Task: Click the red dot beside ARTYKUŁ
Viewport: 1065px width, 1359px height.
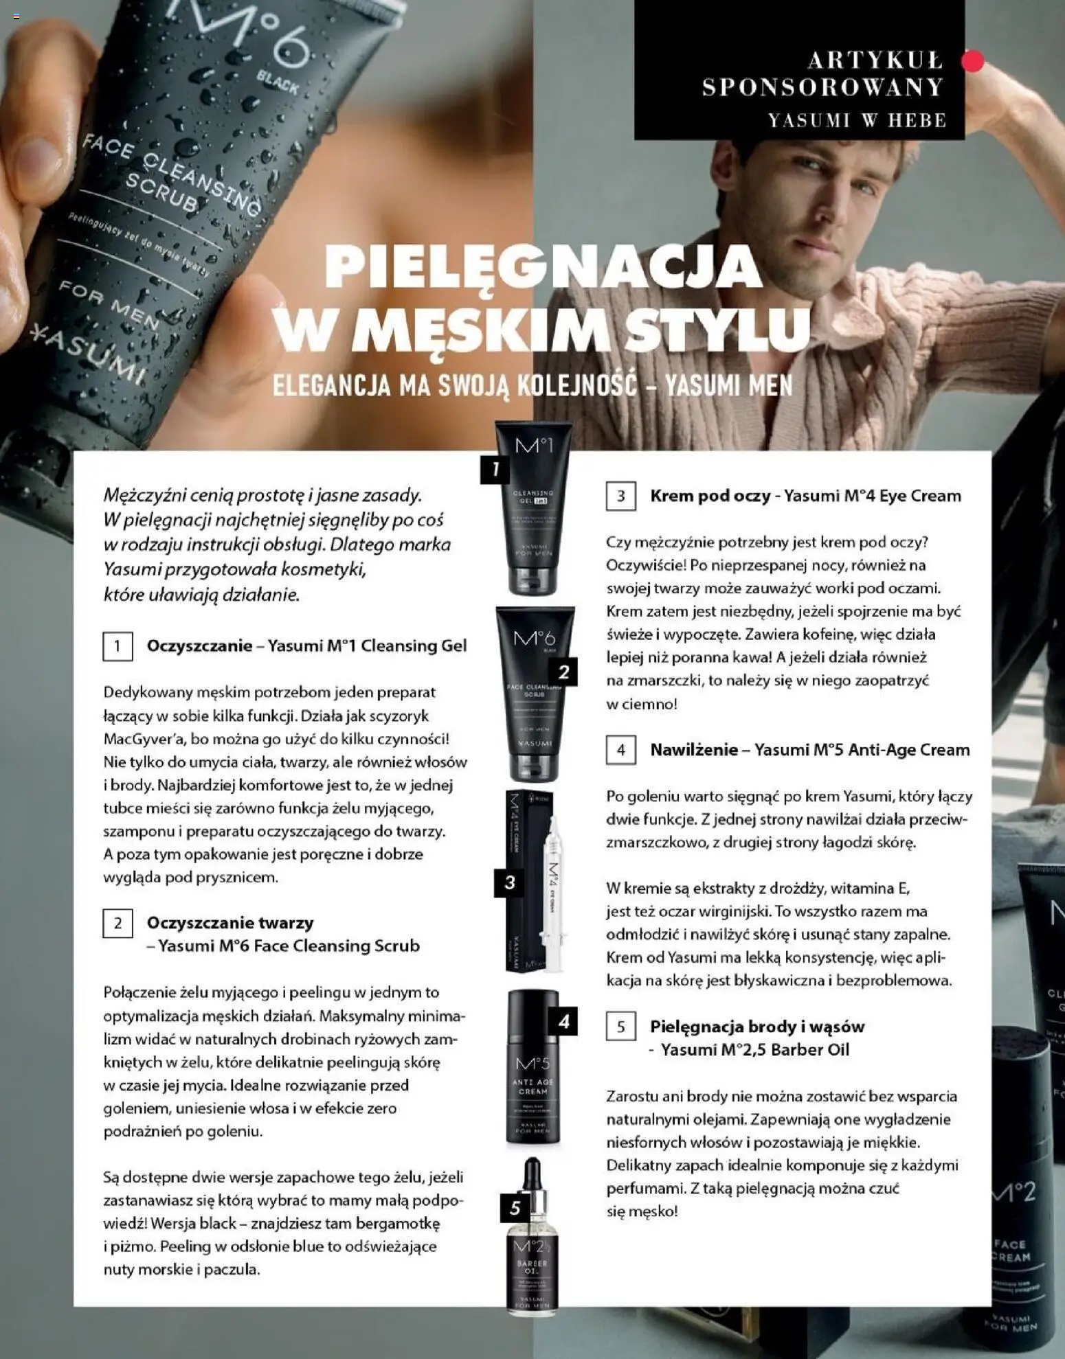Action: pos(972,61)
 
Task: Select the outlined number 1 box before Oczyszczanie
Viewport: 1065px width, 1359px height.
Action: pos(117,646)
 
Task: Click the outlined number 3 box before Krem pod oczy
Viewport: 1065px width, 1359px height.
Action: pos(620,496)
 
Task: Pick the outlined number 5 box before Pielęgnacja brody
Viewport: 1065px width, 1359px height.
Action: pos(620,1027)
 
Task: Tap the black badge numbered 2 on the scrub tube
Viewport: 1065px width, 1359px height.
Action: pos(563,672)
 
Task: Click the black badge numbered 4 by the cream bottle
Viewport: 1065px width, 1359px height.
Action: pos(563,1022)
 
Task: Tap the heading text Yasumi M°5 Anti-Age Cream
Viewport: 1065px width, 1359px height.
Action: pos(862,750)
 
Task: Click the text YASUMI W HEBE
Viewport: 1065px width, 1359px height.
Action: pos(857,120)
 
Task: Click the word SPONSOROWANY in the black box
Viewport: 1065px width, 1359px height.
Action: pos(822,87)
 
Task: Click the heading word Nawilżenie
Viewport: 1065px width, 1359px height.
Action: pos(694,750)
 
